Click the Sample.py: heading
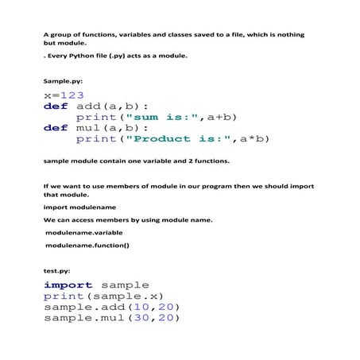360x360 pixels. click(62, 81)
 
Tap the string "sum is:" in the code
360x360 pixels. click(156, 116)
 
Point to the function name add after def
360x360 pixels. click(93, 106)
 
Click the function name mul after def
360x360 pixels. click(93, 127)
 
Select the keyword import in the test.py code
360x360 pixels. click(68, 285)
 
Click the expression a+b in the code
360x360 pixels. click(223, 116)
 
